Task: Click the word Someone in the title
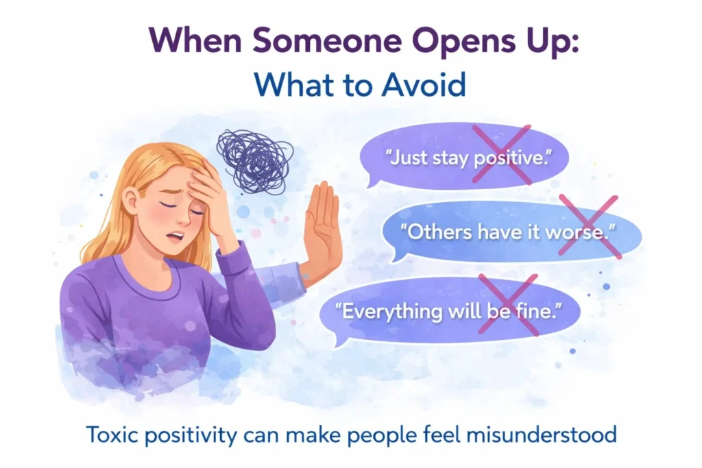(327, 40)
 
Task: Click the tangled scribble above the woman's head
(254, 160)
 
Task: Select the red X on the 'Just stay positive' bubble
(502, 154)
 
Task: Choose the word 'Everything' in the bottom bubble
(389, 311)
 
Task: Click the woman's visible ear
(131, 201)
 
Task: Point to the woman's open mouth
(175, 236)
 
